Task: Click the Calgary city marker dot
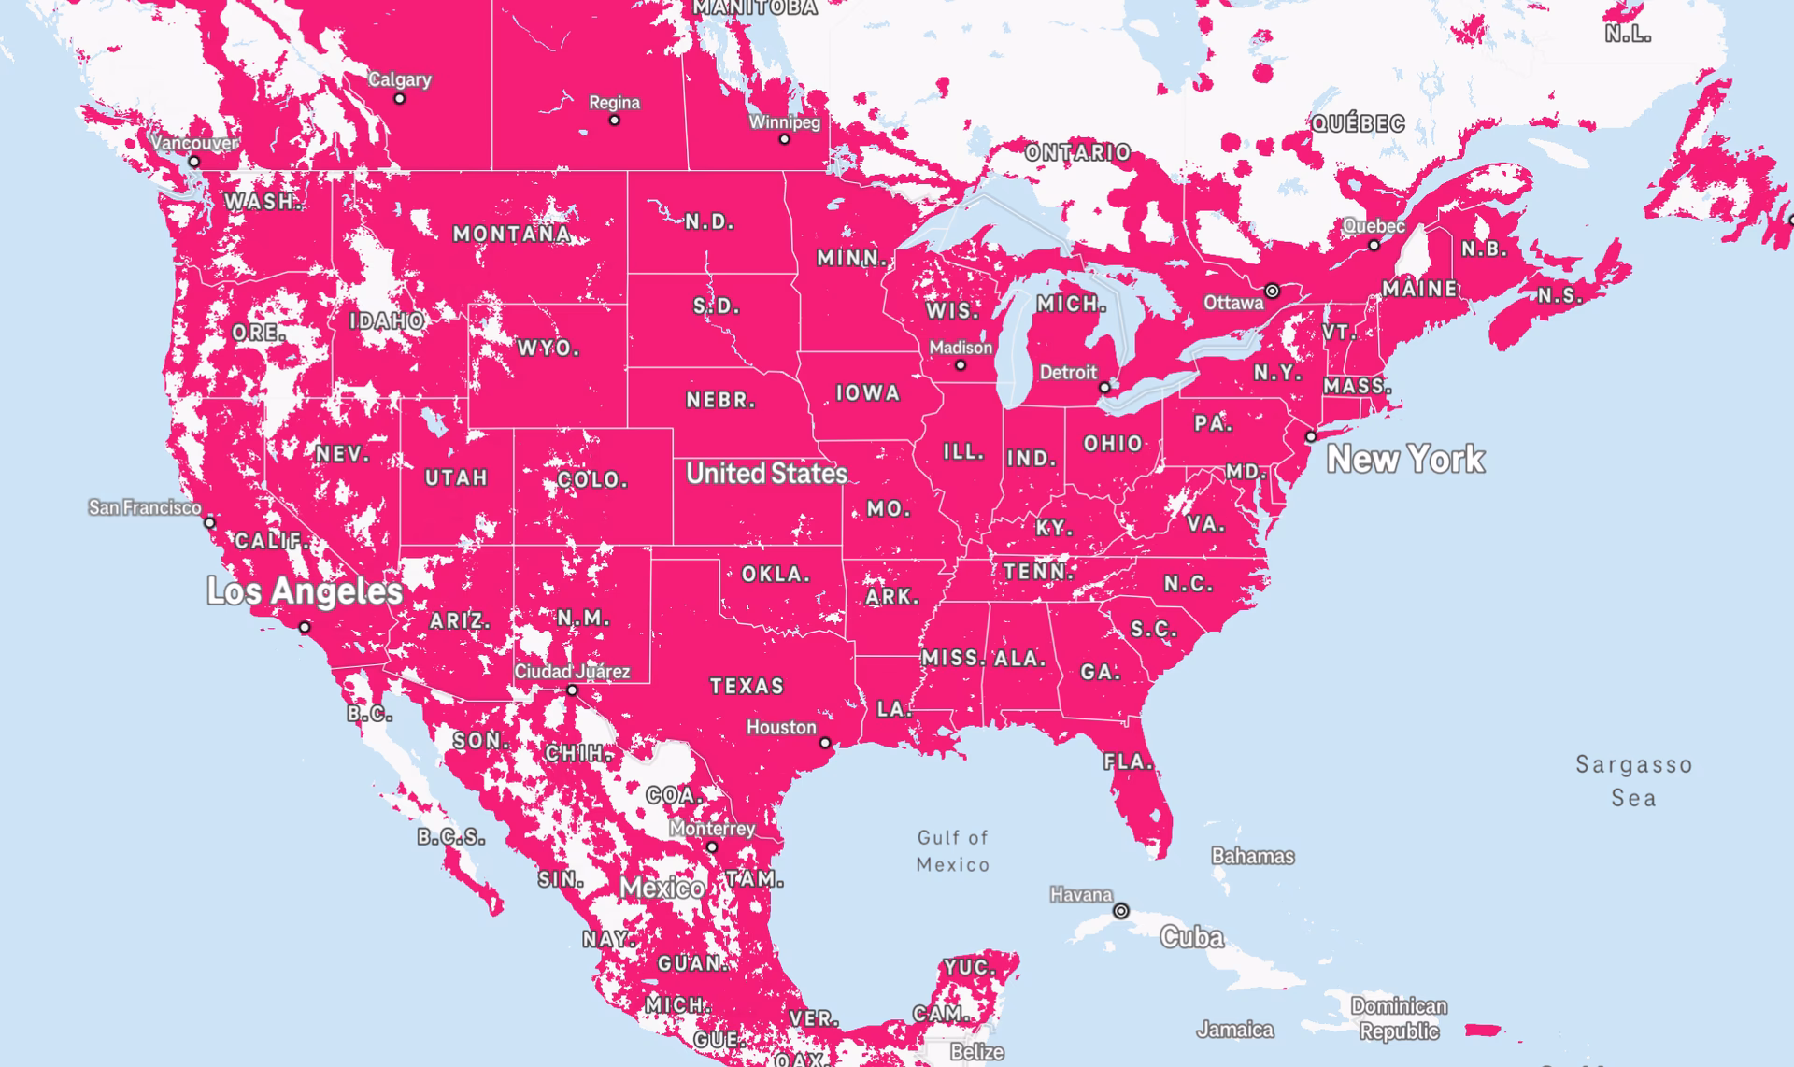coord(399,98)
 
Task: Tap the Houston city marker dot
coord(825,743)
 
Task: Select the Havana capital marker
coord(1120,910)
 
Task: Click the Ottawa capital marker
coord(1272,292)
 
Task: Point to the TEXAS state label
coord(747,687)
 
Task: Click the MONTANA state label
coord(512,235)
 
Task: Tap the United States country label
coord(766,474)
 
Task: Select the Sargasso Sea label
coord(1633,781)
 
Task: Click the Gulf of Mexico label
coord(952,851)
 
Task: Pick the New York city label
coord(1405,459)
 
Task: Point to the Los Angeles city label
coord(305,591)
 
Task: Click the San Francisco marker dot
coord(210,523)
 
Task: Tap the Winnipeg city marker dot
coord(784,139)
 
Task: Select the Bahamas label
coord(1252,856)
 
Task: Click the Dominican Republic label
coord(1398,1018)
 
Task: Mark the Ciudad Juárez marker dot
coord(572,690)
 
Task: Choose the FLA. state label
coord(1129,762)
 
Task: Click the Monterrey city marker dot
coord(712,846)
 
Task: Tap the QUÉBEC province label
coord(1358,123)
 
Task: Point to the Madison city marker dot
coord(960,365)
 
